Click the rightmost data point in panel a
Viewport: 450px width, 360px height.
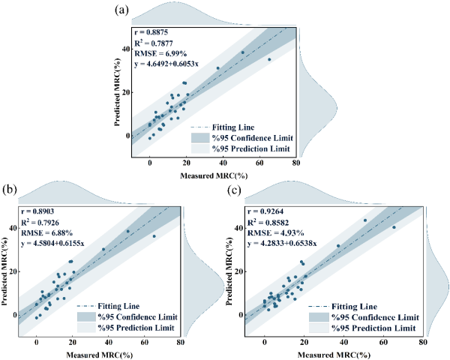[269, 59]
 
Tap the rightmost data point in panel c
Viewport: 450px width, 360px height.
[394, 227]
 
